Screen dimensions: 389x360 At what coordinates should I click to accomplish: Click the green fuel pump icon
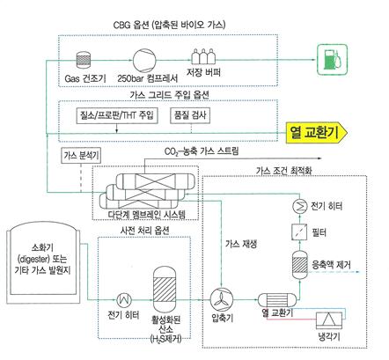tap(333, 60)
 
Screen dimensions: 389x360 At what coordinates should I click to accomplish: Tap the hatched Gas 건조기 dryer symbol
tap(84, 59)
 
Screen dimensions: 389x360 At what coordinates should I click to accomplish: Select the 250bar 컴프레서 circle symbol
tap(144, 60)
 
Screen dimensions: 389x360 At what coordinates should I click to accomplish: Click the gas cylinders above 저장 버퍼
tap(203, 56)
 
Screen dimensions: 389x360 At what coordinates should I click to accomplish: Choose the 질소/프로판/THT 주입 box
tap(117, 115)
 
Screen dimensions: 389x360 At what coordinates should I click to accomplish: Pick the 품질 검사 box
tap(190, 115)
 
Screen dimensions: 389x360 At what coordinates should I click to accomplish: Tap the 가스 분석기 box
tap(81, 155)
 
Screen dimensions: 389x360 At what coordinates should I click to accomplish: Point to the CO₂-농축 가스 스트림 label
tap(202, 151)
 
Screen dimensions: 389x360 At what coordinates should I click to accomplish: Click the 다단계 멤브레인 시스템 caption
tap(147, 214)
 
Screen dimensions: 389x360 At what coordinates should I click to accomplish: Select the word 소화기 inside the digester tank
tap(42, 248)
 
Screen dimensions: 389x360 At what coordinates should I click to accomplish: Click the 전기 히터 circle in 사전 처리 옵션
tap(124, 300)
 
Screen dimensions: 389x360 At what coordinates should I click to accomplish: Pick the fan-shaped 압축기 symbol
tap(222, 300)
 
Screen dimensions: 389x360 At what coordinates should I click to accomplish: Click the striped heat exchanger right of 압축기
tap(277, 300)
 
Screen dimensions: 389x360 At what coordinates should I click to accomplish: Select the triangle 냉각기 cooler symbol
tap(329, 320)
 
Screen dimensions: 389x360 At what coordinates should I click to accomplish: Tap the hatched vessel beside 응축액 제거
tap(300, 265)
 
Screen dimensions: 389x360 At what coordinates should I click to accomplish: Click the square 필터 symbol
tap(299, 231)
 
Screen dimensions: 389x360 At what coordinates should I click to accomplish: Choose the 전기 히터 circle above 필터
tap(299, 206)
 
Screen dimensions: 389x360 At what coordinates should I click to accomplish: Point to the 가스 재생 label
tap(241, 244)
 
